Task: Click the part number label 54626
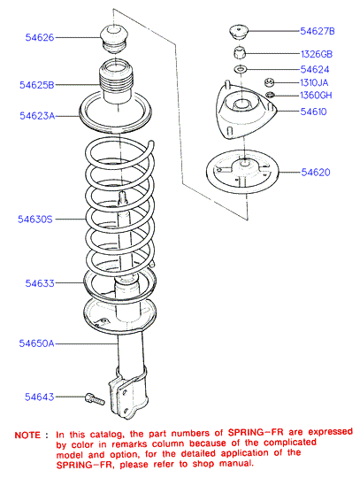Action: coord(40,37)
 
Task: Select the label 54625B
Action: coord(37,85)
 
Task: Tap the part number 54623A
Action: coord(37,116)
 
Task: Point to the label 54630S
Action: coord(35,220)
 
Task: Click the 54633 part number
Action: coord(40,283)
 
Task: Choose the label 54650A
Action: coord(36,343)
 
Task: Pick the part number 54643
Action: coord(39,397)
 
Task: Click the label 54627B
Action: coord(318,31)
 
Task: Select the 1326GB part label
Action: coord(317,54)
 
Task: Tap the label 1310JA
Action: coord(314,82)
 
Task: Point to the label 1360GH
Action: coord(316,96)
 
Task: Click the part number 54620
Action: coord(316,173)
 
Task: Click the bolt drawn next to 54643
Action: coord(95,399)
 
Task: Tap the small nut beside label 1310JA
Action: coord(269,82)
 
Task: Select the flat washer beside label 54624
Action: coord(241,70)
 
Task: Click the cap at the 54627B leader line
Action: coord(239,32)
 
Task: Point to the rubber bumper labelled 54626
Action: coord(114,40)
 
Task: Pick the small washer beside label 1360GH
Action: coord(270,95)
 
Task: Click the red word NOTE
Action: coord(27,435)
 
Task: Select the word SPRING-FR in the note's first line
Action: coord(256,432)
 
